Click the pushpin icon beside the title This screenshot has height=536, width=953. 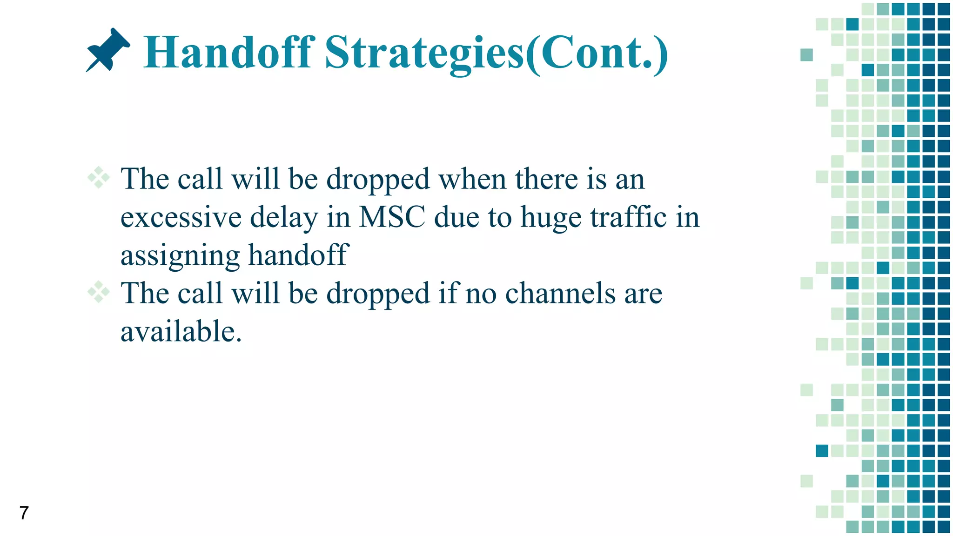coord(108,50)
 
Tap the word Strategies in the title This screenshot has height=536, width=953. coord(424,53)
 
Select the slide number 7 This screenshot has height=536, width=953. coord(24,513)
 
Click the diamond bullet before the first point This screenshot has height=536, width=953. coord(99,178)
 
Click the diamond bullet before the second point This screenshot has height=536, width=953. coord(99,292)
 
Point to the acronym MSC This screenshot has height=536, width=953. coord(392,217)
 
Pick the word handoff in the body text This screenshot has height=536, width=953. coord(298,255)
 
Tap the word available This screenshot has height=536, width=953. coord(181,331)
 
